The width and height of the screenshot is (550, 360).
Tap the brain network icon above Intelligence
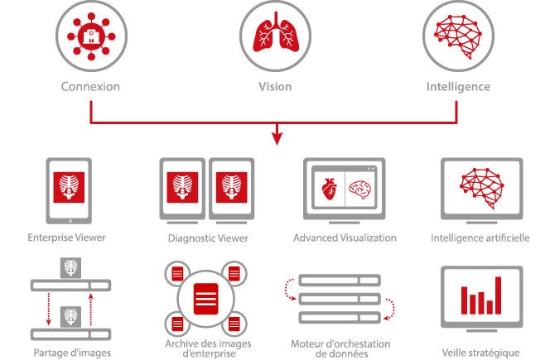pos(458,36)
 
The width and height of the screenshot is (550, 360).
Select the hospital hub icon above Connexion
pos(91,36)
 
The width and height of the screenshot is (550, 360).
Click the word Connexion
pos(90,87)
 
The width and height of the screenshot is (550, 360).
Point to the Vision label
pos(275,87)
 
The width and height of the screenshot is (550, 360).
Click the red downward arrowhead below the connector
pos(277,139)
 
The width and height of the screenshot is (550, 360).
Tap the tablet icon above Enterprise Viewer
pos(69,191)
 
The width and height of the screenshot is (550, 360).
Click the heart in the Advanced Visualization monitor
pos(330,189)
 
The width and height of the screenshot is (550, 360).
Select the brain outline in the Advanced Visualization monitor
pos(360,190)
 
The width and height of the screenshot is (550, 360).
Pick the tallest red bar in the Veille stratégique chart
pos(498,295)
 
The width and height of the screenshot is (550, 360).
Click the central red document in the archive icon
pos(206,299)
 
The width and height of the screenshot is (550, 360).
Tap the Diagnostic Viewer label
pos(208,238)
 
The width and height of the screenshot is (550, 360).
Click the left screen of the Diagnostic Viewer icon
pos(182,190)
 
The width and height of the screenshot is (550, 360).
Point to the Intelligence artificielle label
pos(480,238)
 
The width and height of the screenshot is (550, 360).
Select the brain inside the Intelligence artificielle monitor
pos(481,188)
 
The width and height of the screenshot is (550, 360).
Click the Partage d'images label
pos(72,353)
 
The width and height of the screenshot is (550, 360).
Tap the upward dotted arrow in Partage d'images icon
pos(91,310)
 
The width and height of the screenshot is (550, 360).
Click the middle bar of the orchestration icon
pos(340,299)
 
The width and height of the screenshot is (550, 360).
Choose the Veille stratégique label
pos(480,353)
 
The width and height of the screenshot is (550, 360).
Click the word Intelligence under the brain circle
pos(458,87)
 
